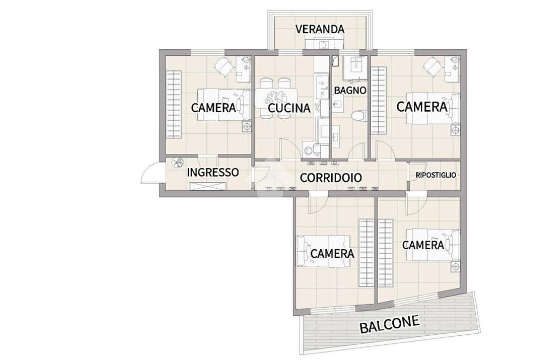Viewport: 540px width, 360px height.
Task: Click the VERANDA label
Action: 320,30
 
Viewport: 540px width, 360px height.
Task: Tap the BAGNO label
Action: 350,91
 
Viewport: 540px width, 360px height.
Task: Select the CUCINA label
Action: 289,109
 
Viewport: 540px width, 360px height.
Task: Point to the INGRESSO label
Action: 213,172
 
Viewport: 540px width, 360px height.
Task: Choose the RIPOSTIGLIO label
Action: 436,175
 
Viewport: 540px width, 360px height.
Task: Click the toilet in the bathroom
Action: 359,116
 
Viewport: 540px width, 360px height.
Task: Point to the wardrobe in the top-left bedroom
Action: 173,105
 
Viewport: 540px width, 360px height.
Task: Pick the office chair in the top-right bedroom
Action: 432,66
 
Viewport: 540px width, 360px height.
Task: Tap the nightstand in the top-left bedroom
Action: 247,127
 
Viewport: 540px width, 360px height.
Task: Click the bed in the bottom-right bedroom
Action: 432,245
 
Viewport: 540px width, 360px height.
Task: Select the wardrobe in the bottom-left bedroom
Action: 367,252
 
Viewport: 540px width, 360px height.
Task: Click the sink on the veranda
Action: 324,44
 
